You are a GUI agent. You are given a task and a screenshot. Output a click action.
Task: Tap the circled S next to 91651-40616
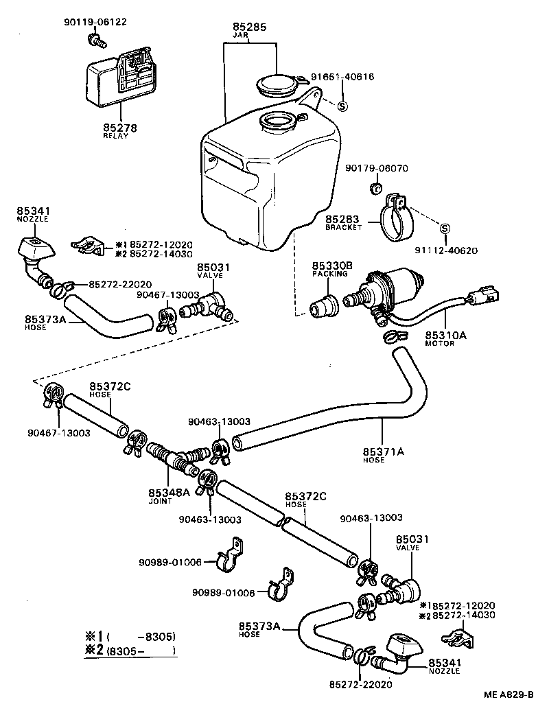[x=343, y=106]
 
